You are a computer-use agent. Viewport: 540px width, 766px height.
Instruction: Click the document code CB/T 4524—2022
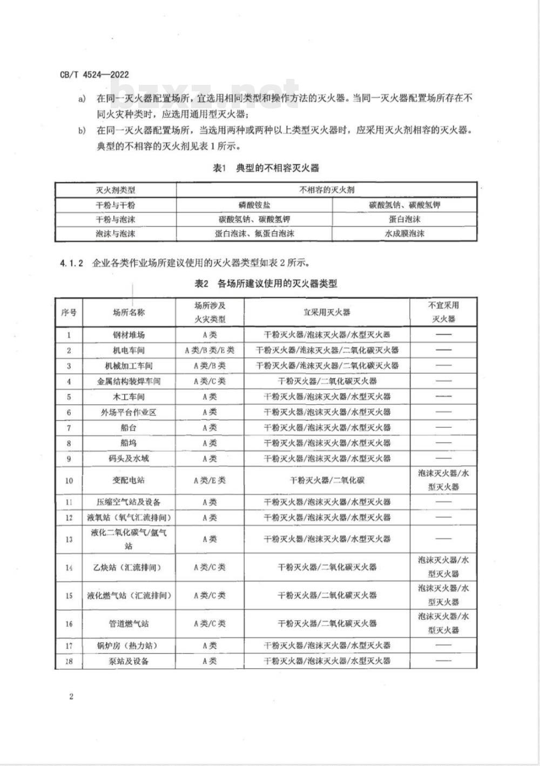[94, 75]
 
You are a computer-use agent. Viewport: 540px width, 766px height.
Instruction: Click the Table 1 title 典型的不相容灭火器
[266, 169]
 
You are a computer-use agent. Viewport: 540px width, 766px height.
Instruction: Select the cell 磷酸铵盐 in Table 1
[254, 205]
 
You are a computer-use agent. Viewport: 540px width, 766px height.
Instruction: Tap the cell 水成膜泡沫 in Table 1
[404, 234]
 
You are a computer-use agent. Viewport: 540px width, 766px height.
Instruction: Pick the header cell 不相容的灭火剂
[327, 190]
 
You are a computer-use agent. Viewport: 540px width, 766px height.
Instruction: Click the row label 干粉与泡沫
[116, 220]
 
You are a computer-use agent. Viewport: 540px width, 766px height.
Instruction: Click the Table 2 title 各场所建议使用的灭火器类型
[266, 284]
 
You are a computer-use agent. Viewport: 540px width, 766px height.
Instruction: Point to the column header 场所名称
[129, 312]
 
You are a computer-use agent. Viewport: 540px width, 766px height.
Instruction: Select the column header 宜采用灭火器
[327, 312]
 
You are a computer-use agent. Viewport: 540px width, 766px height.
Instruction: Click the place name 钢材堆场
[129, 335]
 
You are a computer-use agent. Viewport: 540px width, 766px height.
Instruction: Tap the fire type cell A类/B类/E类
[210, 351]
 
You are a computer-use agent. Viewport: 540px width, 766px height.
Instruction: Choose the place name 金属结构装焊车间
[129, 381]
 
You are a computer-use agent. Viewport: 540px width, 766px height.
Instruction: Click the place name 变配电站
[129, 480]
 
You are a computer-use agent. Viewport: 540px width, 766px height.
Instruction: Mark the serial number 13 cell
[69, 539]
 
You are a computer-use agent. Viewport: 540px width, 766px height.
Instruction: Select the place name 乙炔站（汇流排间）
[129, 568]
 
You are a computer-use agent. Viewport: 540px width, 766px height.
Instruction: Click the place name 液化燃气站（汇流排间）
[129, 596]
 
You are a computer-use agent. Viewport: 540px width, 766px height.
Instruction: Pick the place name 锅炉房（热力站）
[129, 646]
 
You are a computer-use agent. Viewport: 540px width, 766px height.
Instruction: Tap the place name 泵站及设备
[129, 661]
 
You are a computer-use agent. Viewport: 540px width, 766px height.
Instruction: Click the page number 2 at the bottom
[71, 696]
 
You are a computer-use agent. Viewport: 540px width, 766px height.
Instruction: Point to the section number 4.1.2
[71, 264]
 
